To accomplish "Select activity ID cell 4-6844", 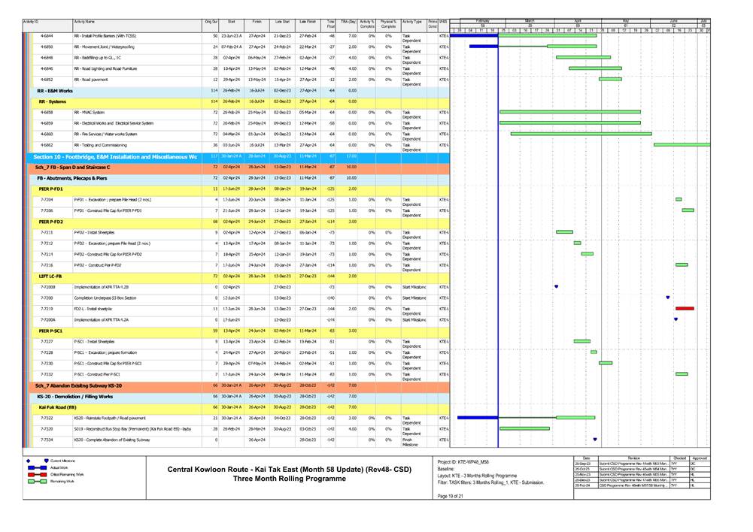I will pos(47,36).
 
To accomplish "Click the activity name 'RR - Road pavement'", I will pos(91,79).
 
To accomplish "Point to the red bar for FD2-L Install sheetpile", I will pos(685,308).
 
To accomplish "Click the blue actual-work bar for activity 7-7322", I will pos(477,417).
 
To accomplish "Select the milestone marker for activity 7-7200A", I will pos(676,319).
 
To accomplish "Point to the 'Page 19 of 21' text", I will pos(451,506).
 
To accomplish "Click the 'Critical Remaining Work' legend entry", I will pos(67,475).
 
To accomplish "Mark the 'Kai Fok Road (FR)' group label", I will pos(58,407).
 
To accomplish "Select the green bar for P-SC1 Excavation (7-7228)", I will pos(594,352).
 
